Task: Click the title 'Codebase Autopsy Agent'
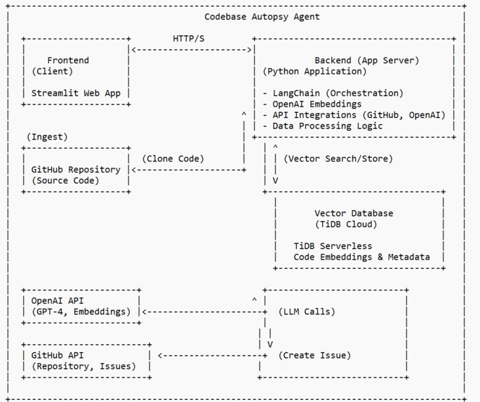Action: pos(262,17)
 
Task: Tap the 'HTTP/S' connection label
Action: pos(189,39)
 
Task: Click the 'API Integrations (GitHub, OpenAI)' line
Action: pos(354,115)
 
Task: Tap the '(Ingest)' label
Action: pos(47,137)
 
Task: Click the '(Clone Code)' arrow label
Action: pos(173,159)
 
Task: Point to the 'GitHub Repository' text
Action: pos(76,170)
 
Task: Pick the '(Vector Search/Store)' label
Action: pos(338,159)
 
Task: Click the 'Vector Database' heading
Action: pos(354,213)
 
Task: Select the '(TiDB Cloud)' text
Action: pos(346,225)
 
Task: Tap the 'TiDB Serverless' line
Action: pos(333,246)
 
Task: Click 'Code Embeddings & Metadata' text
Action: pos(361,257)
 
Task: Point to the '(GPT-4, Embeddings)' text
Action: pos(81,311)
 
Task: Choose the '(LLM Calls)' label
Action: pos(307,311)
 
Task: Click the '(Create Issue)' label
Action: pos(314,355)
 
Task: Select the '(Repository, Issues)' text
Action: pos(84,366)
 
